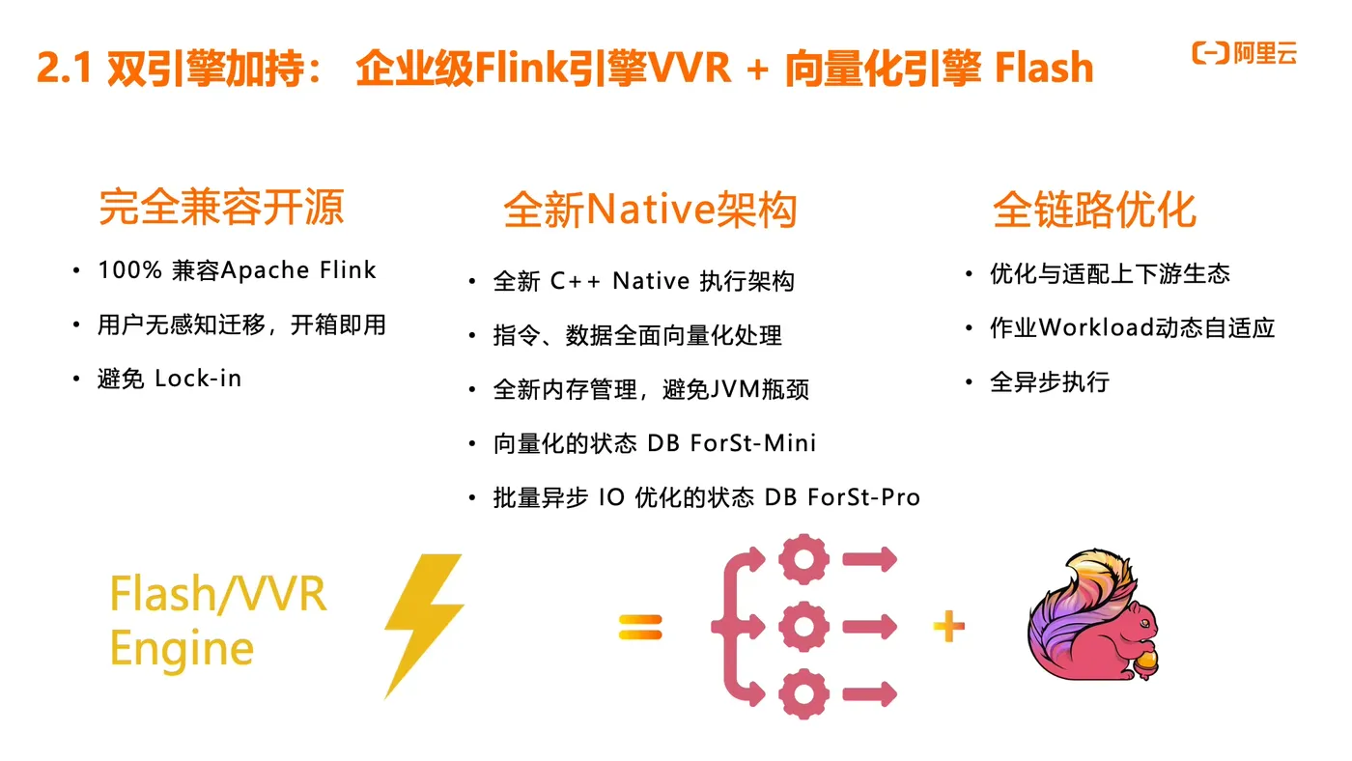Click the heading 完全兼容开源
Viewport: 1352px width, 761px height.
(221, 208)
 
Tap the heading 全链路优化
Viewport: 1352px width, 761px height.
(1094, 210)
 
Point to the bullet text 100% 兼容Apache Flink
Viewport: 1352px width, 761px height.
(237, 270)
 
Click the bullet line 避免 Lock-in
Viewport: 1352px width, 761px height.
(169, 379)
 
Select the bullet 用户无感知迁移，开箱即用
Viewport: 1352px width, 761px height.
(241, 324)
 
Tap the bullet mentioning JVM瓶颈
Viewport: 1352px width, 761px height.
(651, 389)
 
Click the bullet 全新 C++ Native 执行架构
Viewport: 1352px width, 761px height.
(643, 281)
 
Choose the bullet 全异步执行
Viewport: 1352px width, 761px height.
(1049, 382)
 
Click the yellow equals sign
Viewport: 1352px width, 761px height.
(640, 628)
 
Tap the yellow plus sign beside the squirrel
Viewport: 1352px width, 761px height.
(948, 628)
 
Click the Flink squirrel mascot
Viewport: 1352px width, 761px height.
(1091, 618)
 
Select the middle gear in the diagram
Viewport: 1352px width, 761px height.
(803, 628)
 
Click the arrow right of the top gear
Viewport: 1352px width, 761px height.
(869, 559)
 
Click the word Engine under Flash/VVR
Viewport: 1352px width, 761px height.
(182, 648)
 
